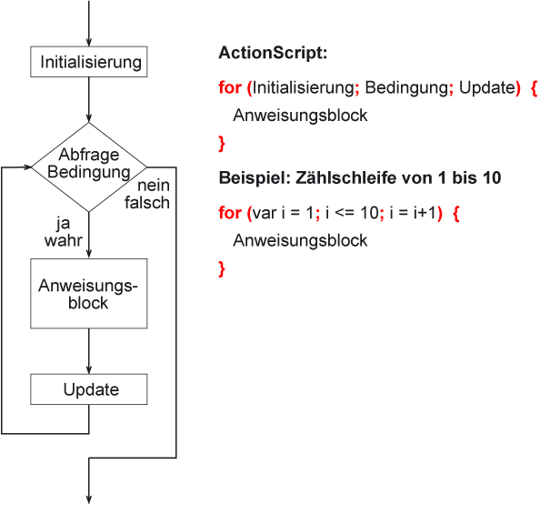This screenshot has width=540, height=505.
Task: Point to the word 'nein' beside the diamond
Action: [154, 186]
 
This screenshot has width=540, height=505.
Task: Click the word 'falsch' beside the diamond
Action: [147, 202]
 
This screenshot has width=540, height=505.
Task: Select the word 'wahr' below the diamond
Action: [64, 240]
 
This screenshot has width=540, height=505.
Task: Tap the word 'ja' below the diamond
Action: [64, 224]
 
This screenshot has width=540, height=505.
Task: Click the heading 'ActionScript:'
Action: [273, 53]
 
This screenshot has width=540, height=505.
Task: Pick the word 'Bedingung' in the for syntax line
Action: [406, 87]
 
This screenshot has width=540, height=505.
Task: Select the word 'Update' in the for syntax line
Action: [487, 87]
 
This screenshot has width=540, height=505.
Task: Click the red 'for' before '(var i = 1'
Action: [230, 213]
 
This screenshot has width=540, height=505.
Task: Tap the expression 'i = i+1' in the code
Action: [413, 213]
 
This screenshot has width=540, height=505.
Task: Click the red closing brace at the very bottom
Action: [222, 269]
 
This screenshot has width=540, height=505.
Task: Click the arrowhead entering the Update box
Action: [89, 369]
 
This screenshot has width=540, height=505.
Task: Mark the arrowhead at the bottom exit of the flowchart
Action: [89, 500]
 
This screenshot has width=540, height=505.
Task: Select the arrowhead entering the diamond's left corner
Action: [27, 167]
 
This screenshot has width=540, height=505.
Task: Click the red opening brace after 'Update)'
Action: [535, 88]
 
